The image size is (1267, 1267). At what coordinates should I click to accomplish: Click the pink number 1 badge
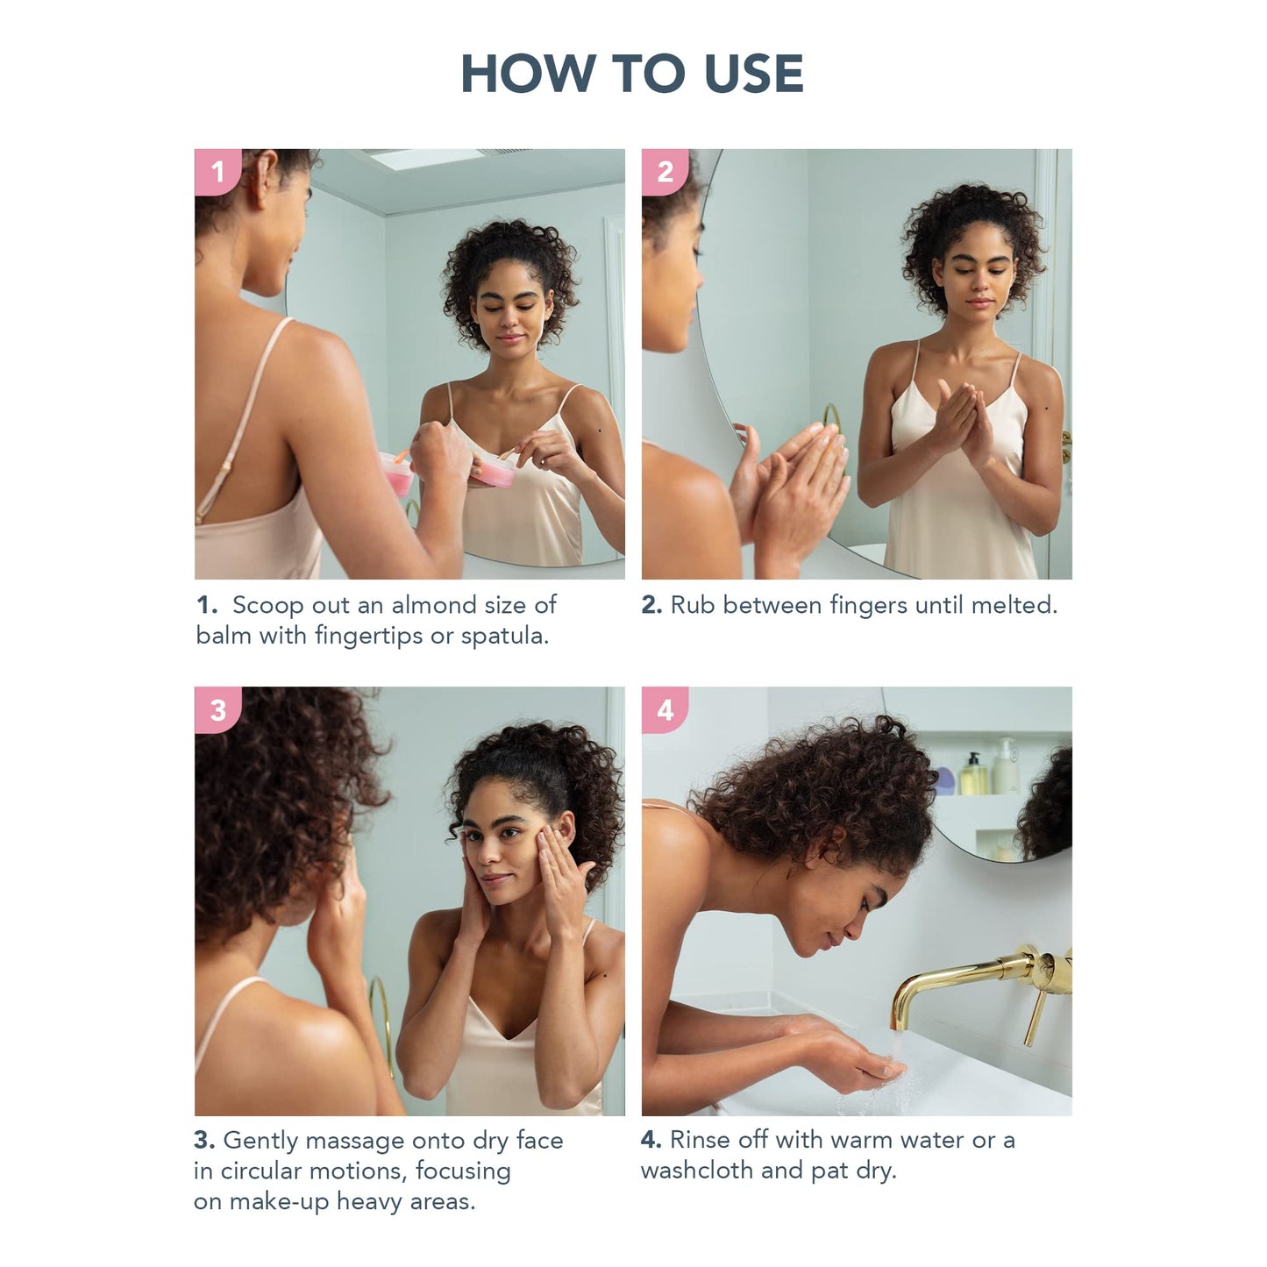[217, 171]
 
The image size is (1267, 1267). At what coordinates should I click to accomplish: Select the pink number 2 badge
[665, 171]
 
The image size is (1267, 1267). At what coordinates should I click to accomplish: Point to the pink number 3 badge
[217, 709]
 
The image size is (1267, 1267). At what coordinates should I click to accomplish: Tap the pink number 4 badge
[665, 709]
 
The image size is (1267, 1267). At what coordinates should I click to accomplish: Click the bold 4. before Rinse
[651, 1140]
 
